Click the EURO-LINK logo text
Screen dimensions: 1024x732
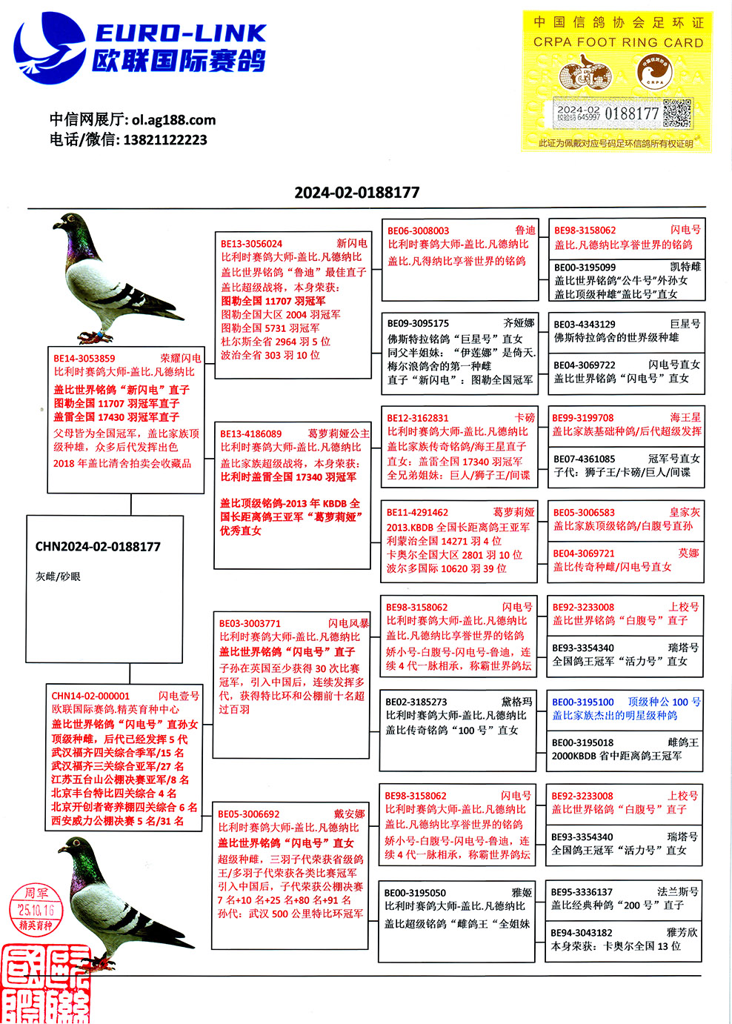[180, 33]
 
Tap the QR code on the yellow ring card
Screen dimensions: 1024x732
[676, 113]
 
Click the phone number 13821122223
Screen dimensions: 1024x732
[164, 140]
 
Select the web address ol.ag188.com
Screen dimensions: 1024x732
[173, 120]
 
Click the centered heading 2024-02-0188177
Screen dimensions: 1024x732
[357, 193]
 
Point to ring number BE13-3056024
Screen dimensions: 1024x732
[251, 243]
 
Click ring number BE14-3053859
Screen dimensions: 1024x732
[84, 358]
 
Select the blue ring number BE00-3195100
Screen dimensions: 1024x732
[582, 702]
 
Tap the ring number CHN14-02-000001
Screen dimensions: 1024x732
[90, 696]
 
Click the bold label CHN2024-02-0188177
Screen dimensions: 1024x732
[98, 547]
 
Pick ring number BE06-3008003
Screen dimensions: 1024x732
[418, 230]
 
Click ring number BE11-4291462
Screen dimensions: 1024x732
[417, 512]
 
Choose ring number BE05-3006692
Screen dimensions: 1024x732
[249, 814]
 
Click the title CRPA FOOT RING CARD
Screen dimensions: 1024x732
[618, 42]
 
